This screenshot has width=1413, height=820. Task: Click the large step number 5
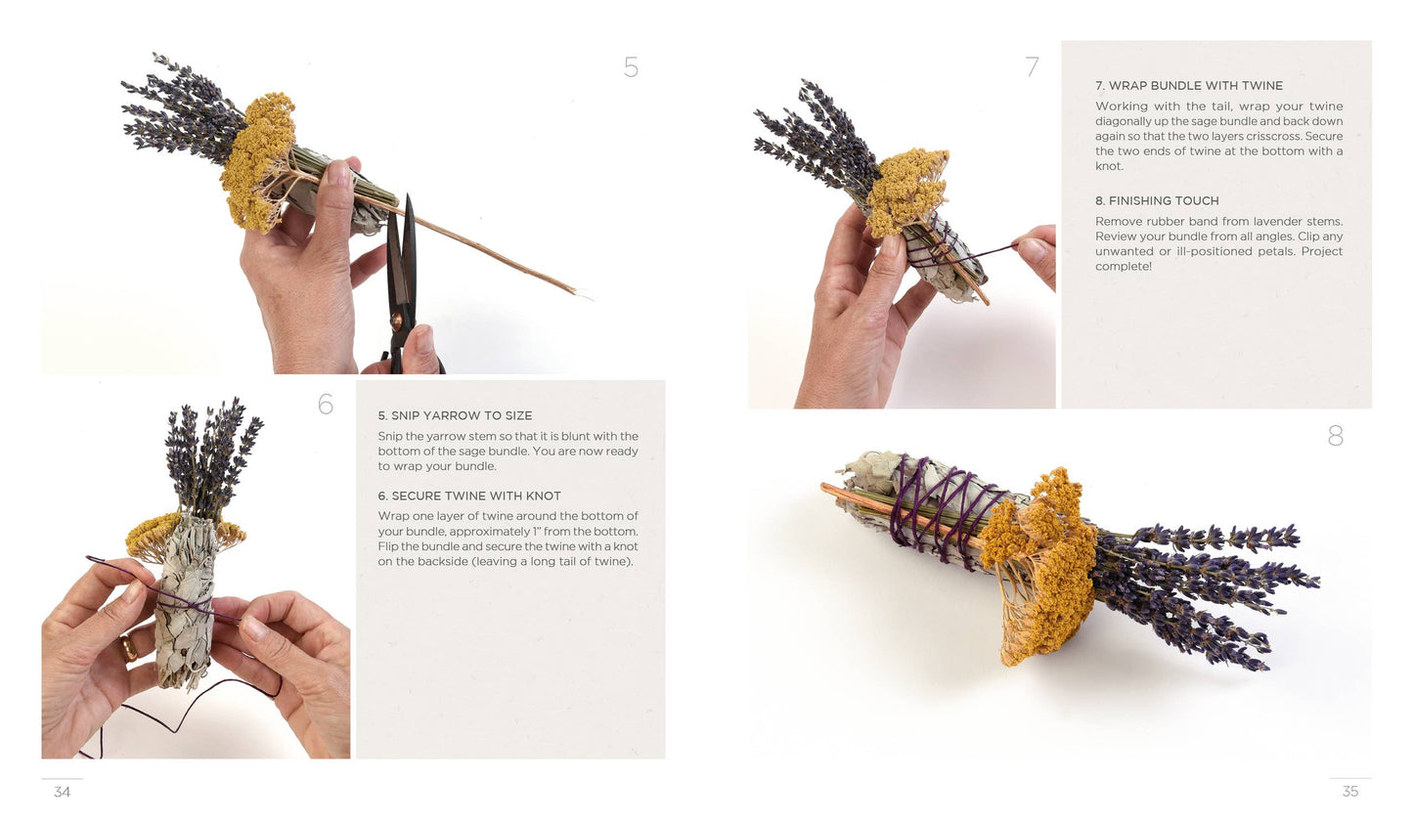pyautogui.click(x=631, y=67)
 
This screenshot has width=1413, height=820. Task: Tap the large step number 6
pyautogui.click(x=326, y=404)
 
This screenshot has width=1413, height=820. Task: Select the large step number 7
pyautogui.click(x=1032, y=67)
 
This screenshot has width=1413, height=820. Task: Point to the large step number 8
pyautogui.click(x=1335, y=436)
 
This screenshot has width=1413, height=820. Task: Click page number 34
pyautogui.click(x=62, y=792)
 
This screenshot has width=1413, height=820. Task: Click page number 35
pyautogui.click(x=1350, y=792)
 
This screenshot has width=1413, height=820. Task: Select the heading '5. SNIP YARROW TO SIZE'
pyautogui.click(x=455, y=415)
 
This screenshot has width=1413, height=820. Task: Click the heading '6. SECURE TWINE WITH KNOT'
pyautogui.click(x=469, y=496)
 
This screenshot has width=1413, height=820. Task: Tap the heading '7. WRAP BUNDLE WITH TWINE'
pyautogui.click(x=1188, y=86)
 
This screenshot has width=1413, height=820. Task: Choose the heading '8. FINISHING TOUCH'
pyautogui.click(x=1157, y=200)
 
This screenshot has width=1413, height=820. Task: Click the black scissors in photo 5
pyautogui.click(x=402, y=283)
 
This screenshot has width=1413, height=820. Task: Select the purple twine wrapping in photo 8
pyautogui.click(x=939, y=508)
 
